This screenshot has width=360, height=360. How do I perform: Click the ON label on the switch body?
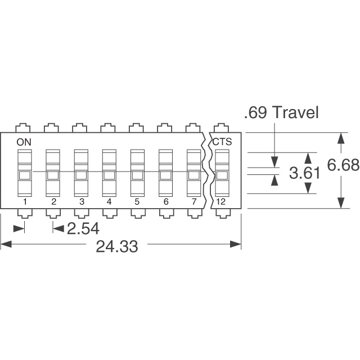[x=24, y=142]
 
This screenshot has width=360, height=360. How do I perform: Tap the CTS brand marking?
[x=222, y=142]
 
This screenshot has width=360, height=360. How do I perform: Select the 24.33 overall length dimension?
[x=117, y=246]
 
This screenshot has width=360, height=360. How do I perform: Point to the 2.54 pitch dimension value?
[x=83, y=229]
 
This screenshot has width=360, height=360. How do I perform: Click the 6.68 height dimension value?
[x=343, y=165]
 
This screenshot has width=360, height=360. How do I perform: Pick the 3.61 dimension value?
[x=304, y=173]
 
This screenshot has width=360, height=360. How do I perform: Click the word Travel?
[x=296, y=112]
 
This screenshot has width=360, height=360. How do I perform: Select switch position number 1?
[x=25, y=202]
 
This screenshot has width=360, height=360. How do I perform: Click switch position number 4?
[x=109, y=202]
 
